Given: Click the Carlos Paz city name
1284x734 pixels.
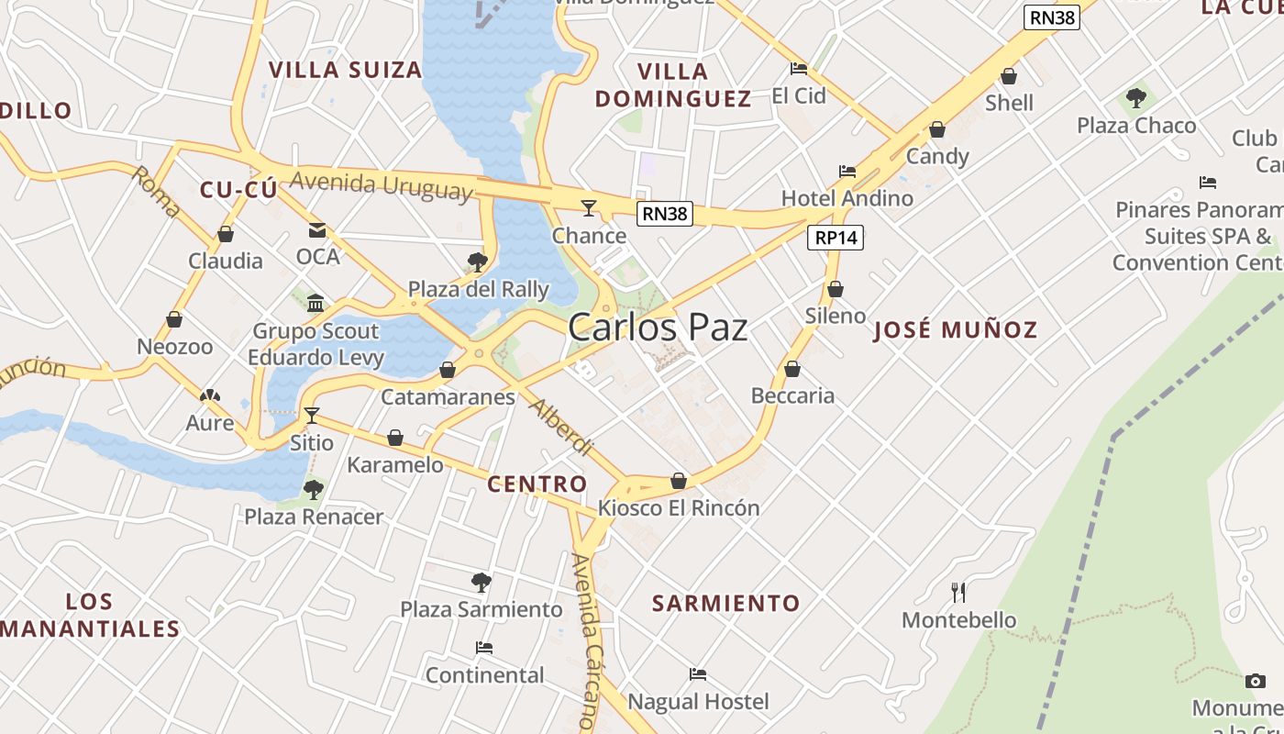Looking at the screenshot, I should coord(658,328).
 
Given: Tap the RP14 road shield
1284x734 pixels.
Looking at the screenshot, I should coord(836,239).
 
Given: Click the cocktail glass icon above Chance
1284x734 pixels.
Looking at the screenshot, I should coord(589,208).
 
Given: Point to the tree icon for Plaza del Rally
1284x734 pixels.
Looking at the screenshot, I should coord(477,262).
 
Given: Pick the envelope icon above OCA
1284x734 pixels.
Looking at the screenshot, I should coord(317,230).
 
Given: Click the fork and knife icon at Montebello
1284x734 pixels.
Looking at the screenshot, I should coord(958,593).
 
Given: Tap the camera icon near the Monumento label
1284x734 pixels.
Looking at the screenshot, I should coord(1255,681).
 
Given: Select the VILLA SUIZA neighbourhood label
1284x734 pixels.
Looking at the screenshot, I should coord(345,70).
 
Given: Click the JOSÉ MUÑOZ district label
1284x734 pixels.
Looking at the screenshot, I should coord(955,330).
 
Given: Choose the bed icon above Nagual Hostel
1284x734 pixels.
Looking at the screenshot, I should coord(698,675).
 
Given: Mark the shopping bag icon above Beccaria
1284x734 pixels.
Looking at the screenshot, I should coord(792,369).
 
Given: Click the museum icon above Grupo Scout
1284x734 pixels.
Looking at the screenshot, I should coord(315,303).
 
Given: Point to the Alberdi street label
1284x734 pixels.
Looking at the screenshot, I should coord(561,428).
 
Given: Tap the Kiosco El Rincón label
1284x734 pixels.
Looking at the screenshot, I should coord(679,507).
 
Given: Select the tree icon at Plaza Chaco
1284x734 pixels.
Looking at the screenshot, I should coord(1136,97).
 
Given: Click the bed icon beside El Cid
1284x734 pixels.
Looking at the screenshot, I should coord(799,69).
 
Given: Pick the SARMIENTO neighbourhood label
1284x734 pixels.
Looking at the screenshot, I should coord(725,603).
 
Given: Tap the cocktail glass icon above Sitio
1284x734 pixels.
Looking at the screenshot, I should coord(312,416).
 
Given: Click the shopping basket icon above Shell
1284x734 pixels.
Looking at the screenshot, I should coord(1009,76).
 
